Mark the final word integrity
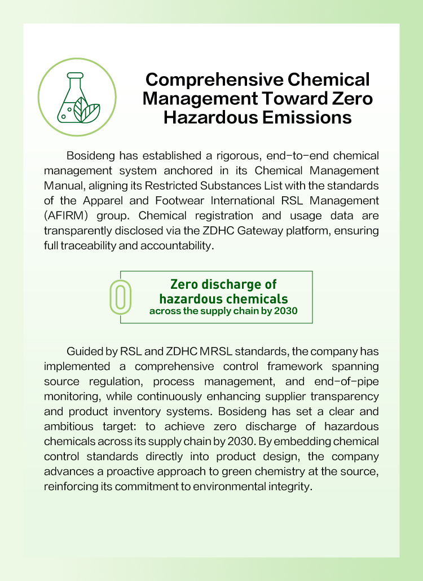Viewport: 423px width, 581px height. point(291,485)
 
